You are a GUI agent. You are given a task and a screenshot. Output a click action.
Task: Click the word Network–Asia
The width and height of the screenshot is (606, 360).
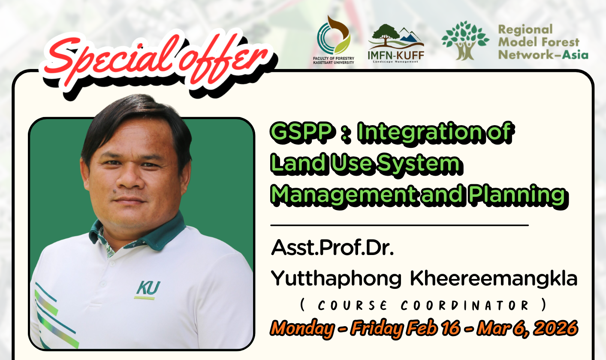tap(543, 54)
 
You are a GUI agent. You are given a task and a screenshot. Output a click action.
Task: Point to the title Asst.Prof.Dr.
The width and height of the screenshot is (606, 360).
tap(332, 249)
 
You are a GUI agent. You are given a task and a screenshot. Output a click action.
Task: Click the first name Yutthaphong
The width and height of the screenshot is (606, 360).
tap(337, 279)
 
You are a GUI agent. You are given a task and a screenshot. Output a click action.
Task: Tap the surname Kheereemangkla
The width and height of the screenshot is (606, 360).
tap(494, 279)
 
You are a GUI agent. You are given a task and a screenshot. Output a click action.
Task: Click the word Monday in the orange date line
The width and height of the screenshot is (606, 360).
tap(303, 329)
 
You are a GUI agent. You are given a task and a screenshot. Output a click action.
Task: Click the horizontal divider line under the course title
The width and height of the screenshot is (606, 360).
tap(399, 225)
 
